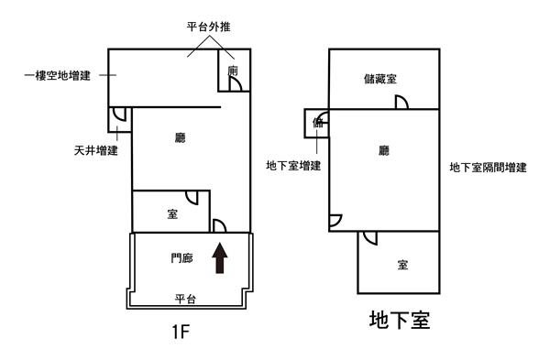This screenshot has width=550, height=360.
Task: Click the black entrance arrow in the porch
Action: point(220,257)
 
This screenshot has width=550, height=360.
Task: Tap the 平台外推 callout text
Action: point(208,27)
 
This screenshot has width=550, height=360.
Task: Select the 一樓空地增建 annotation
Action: point(58,75)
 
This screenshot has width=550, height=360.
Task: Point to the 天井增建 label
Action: point(95,151)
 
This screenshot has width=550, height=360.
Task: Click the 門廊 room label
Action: point(181,258)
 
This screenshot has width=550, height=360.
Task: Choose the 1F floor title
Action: point(181,332)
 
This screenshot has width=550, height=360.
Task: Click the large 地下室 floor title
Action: point(400,320)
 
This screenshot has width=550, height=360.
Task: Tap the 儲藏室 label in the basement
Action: point(380,79)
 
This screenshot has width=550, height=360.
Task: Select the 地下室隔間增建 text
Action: point(488,168)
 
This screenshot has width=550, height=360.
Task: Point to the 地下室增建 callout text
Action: point(293,166)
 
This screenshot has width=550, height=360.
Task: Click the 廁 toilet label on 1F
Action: point(233,71)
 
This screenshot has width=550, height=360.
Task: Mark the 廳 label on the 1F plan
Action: point(181,137)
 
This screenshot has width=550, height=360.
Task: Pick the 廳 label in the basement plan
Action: point(384,151)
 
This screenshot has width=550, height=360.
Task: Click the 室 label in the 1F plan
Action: point(172,213)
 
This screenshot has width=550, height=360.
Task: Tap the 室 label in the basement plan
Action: point(402,265)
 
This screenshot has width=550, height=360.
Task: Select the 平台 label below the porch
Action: point(185,299)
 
